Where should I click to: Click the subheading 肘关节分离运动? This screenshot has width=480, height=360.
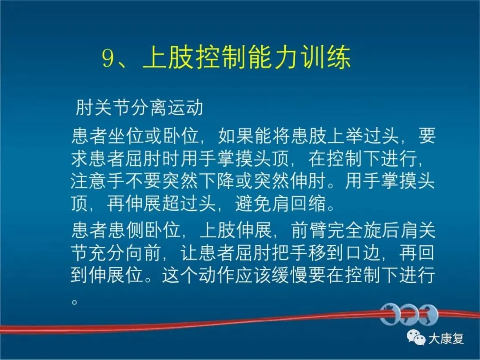(x=139, y=108)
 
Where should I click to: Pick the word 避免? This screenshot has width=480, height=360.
(x=253, y=204)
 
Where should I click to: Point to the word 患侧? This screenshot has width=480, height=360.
(x=126, y=230)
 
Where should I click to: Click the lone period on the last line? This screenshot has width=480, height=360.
(x=74, y=302)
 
